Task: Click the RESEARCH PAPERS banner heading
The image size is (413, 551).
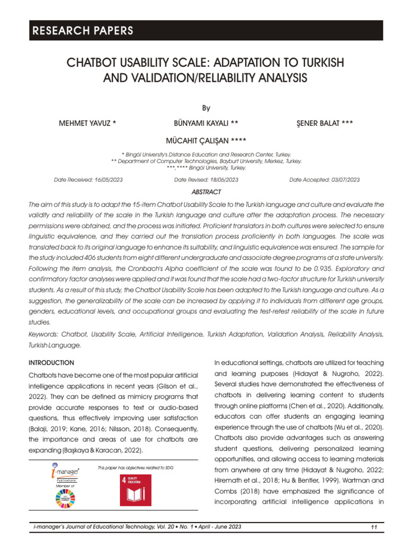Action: point(82,31)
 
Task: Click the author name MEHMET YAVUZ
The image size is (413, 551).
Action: point(87,124)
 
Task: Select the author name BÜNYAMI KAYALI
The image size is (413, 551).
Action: point(206,124)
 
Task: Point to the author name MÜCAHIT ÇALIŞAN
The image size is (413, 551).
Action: point(207,141)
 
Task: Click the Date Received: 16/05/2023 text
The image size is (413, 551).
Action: point(88,180)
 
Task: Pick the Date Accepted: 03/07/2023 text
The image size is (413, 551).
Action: point(325,180)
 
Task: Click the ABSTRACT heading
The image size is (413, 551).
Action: point(206,192)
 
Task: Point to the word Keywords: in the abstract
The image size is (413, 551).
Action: point(45,335)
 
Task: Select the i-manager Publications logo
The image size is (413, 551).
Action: point(65,472)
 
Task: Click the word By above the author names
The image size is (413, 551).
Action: point(206,107)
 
